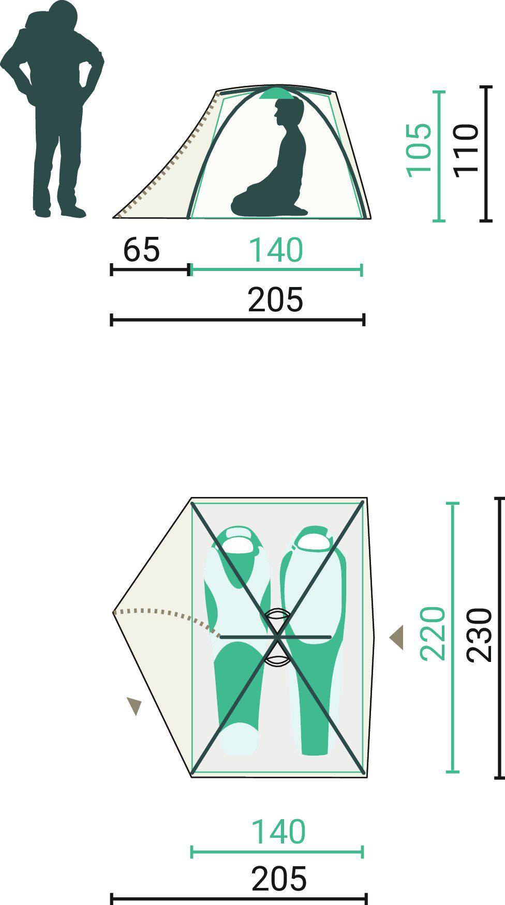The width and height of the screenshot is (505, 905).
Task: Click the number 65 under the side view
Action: pos(142,250)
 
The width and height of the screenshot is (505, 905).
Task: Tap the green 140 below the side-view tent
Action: pos(276,250)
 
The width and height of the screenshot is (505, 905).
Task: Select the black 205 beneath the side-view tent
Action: pos(275,300)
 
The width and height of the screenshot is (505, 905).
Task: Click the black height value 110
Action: pos(467,150)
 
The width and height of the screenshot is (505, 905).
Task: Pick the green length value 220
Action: pos(433,633)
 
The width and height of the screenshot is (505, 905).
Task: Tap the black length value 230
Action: pos(479,635)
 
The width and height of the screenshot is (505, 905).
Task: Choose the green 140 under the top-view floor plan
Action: pos(278,832)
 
